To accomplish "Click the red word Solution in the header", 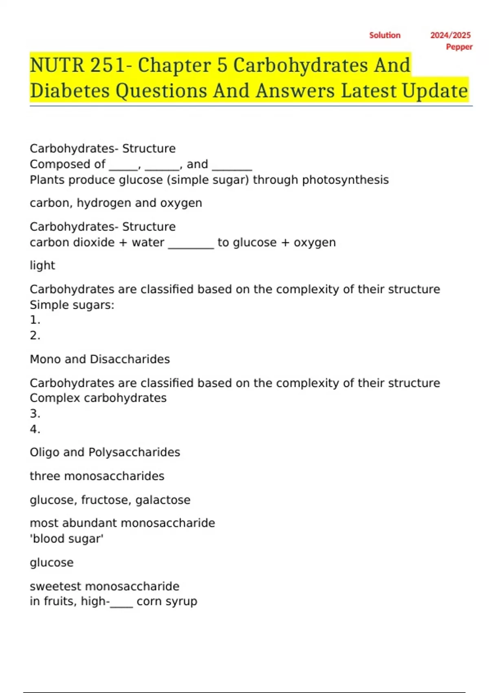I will tap(385, 35).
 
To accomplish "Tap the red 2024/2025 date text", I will tap(450, 35).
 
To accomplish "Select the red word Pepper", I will tap(459, 47).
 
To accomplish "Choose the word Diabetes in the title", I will tap(70, 90).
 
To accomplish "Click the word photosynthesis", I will tap(345, 180).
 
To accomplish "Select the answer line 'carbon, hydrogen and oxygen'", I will tap(116, 203).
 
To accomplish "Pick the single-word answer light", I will tap(42, 265).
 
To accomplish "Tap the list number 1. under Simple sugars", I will tap(35, 320).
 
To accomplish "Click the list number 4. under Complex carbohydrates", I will tap(35, 429).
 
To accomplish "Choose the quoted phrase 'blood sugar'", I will tap(67, 539).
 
